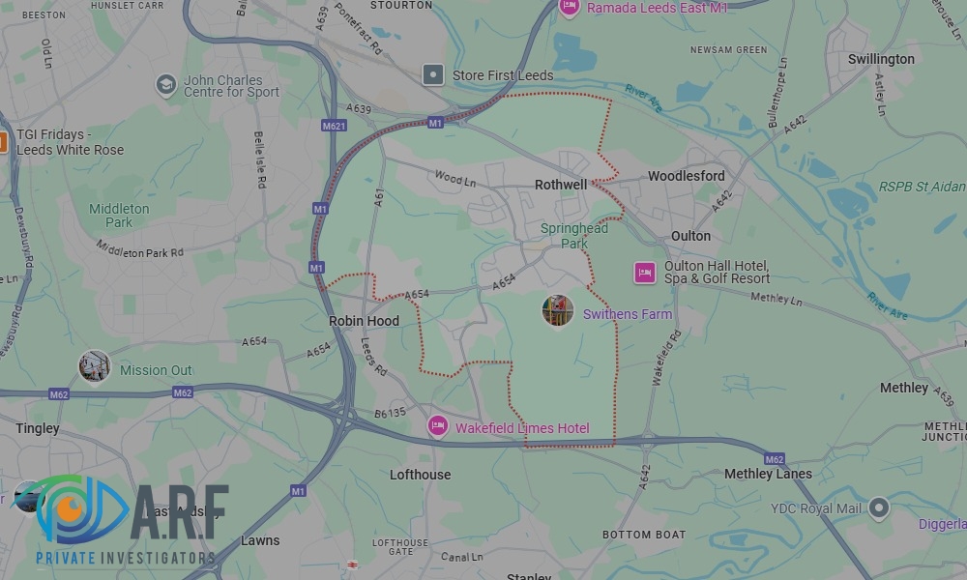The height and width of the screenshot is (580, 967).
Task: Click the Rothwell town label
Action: [561, 185]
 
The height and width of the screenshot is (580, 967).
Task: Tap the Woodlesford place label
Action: [686, 176]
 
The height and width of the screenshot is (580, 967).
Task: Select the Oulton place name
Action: [690, 236]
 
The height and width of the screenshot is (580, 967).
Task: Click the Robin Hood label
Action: [364, 321]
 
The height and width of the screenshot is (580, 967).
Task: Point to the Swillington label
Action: [881, 59]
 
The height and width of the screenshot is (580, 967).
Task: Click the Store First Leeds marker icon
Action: [434, 74]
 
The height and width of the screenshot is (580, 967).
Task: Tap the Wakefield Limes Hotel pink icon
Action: [438, 426]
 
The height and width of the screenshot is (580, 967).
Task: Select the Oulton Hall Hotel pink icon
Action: [645, 273]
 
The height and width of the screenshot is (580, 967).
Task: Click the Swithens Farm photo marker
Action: [558, 311]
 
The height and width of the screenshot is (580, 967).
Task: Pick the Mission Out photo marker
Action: [95, 367]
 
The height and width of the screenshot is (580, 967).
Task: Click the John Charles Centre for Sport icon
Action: [166, 85]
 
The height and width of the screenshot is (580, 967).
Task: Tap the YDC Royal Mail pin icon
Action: [878, 507]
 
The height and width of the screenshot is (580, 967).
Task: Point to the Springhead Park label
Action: [574, 236]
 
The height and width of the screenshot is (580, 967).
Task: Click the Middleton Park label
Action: [119, 216]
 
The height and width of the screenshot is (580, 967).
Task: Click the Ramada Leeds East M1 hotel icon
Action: [570, 8]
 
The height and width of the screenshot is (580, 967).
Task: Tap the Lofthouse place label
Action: [420, 475]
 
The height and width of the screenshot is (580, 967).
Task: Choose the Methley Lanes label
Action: [768, 474]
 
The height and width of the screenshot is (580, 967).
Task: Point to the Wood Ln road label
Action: [455, 178]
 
